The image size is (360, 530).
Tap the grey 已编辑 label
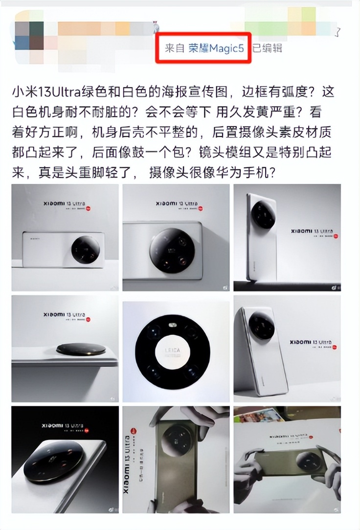coord(267,48)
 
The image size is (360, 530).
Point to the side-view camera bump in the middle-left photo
coord(81,349)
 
